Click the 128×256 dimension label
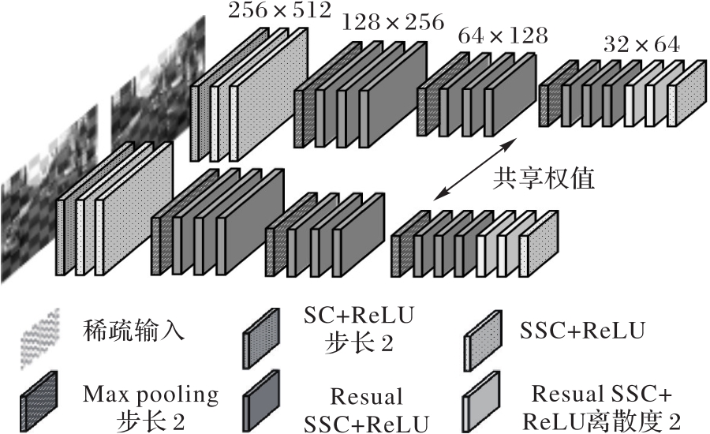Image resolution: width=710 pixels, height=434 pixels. pos(392,23)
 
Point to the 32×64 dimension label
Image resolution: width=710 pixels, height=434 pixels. pos(641,46)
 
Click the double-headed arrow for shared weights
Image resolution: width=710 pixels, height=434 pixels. pos(473,170)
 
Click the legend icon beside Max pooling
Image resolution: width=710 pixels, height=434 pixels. pos(37,398)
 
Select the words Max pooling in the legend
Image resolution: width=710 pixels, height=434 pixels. pos(150,392)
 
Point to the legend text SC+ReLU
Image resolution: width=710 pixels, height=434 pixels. pos(358,316)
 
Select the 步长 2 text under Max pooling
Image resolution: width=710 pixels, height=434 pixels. pos(150,419)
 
